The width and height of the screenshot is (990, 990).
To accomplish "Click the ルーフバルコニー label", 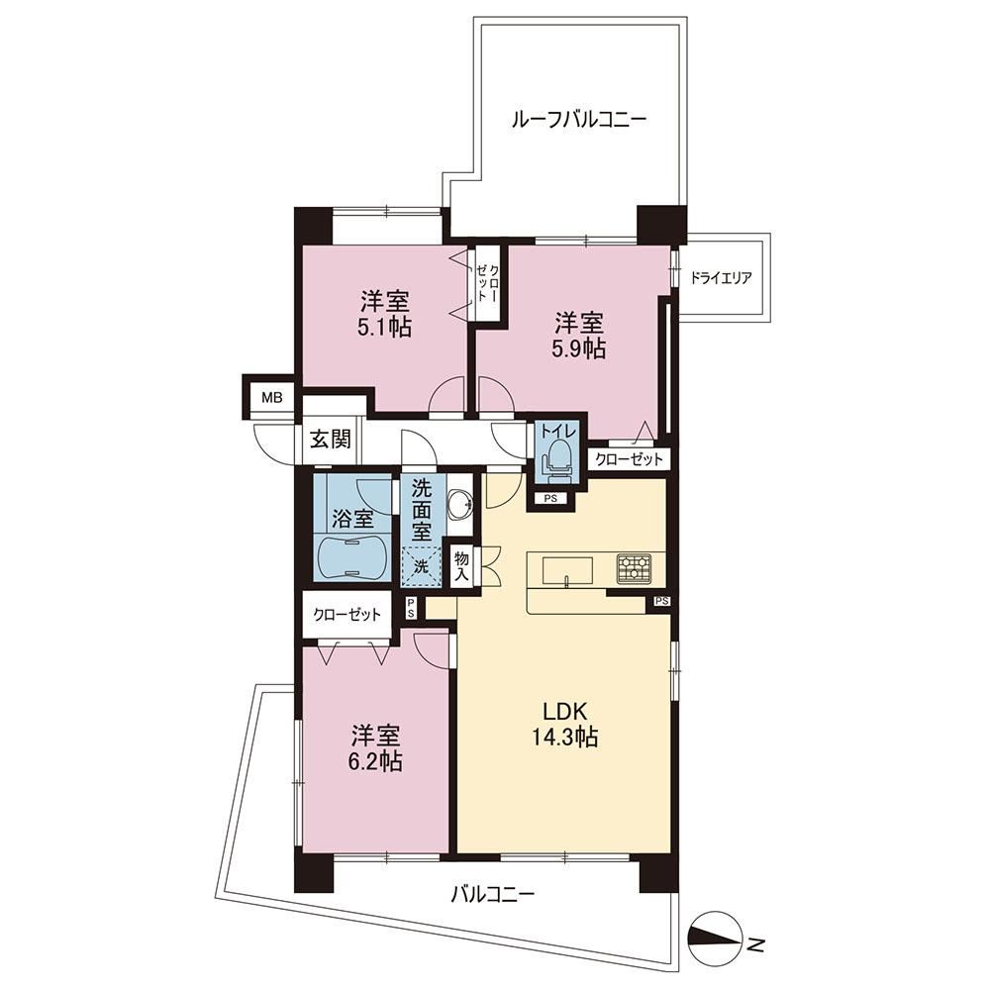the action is coord(578,120).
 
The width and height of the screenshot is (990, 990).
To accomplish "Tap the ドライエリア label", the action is coord(721,278).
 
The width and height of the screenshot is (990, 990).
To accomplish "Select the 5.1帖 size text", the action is coord(386,328).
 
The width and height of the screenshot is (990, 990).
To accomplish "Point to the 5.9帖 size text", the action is coord(579,348).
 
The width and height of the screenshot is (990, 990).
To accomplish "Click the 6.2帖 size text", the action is coord(377,761).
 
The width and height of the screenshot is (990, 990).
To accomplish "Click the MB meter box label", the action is coord(271,398).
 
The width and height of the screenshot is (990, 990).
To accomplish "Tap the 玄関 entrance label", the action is coord(330,439).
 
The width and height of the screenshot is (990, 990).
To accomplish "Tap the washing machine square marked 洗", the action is coord(421,567).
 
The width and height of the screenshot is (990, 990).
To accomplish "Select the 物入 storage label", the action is coord(462,566).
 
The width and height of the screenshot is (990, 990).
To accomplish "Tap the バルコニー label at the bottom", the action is coord(493,894).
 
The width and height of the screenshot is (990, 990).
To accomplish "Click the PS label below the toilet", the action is coord(549,498).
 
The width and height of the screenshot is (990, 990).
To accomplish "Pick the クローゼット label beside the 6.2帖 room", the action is coord(347,615).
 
